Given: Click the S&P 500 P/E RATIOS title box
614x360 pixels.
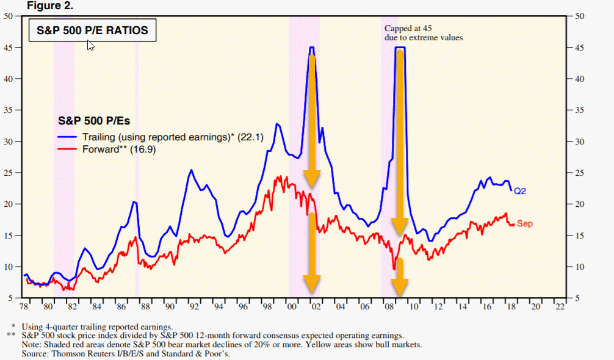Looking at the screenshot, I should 93,30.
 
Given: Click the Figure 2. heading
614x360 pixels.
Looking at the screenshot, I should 50,6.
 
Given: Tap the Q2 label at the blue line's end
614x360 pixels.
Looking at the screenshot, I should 519,191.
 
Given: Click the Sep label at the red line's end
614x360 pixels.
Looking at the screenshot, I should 524,224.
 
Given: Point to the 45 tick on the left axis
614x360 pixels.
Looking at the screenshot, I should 9,48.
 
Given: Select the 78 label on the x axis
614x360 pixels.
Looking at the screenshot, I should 24,307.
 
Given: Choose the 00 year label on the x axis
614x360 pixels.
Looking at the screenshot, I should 292,307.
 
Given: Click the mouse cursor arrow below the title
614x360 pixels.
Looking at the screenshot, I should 90,46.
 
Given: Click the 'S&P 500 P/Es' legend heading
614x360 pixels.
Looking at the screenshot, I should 93,121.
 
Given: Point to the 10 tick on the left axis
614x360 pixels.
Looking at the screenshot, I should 9,267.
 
